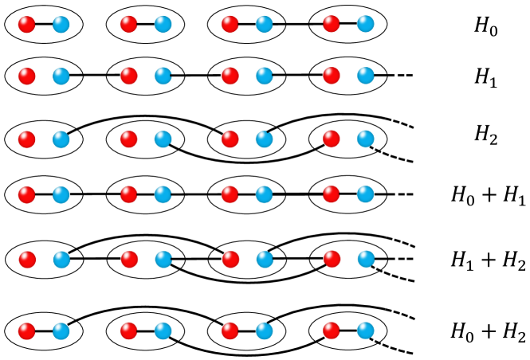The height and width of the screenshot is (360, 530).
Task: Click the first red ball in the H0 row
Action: [x=26, y=25]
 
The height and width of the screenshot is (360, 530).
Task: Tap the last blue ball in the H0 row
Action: [x=366, y=25]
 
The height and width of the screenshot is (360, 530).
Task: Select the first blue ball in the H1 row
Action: [x=61, y=77]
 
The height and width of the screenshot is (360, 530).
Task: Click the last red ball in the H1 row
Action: [x=330, y=77]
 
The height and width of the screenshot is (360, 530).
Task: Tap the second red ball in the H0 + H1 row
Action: [x=128, y=194]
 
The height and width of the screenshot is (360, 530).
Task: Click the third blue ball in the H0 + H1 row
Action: [x=265, y=194]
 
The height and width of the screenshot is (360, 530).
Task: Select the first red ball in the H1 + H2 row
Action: [x=26, y=259]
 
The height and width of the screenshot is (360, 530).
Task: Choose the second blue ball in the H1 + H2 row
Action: [x=163, y=259]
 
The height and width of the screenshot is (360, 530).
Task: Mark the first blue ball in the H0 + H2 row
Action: [x=61, y=330]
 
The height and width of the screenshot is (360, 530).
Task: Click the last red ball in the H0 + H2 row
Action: [x=330, y=330]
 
